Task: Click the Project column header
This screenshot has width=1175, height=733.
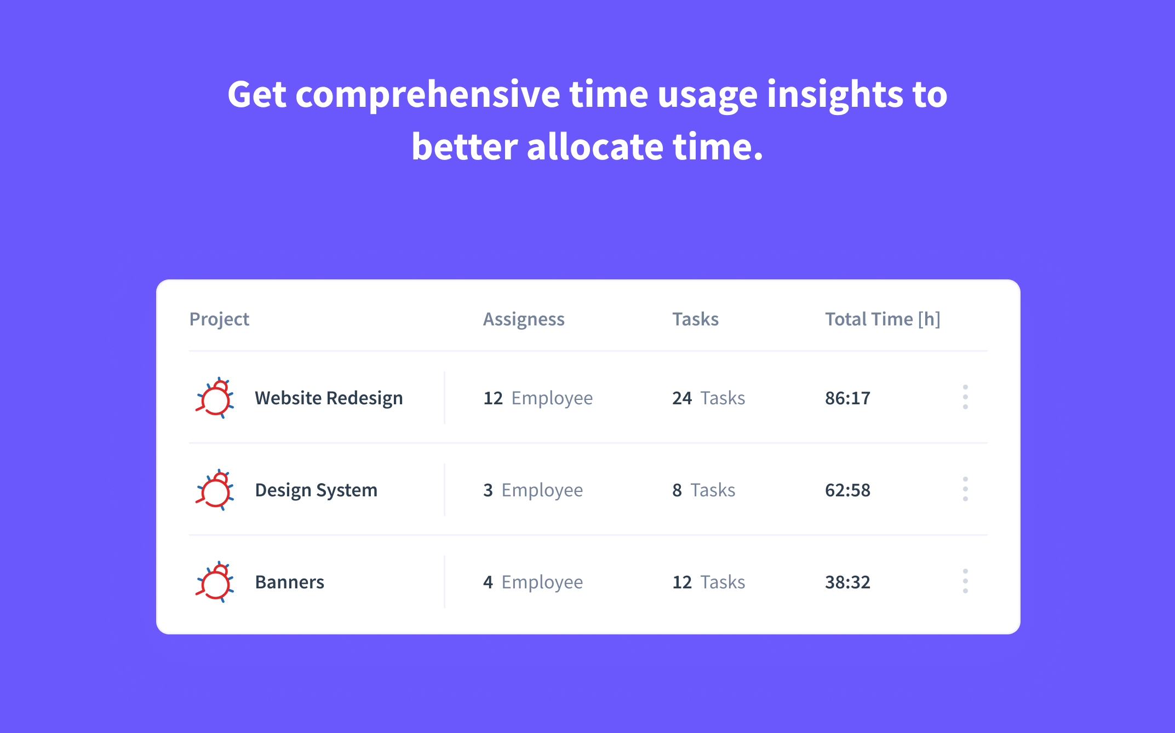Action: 219,319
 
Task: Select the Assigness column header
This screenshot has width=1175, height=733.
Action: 523,319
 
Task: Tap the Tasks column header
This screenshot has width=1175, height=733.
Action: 695,319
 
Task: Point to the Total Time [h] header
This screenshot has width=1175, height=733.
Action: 882,319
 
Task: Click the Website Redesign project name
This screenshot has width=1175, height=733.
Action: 329,398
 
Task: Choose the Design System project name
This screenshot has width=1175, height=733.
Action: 316,490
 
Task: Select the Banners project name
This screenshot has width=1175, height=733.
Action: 289,582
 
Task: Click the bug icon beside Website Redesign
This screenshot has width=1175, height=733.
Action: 215,398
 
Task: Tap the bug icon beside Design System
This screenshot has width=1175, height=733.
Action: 215,490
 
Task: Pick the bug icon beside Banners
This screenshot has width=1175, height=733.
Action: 215,582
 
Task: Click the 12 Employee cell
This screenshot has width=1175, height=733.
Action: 537,398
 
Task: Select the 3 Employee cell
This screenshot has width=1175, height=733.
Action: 532,490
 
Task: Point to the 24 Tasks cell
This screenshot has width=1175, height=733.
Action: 708,398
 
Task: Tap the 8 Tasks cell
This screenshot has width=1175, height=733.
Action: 703,490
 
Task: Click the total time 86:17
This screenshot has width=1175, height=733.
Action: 847,398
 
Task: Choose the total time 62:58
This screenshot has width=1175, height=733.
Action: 847,490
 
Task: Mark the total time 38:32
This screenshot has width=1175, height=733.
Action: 847,582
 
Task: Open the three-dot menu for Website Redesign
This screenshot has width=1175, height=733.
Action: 965,397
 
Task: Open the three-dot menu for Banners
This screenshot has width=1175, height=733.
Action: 965,581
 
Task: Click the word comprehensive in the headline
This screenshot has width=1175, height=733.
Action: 427,95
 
